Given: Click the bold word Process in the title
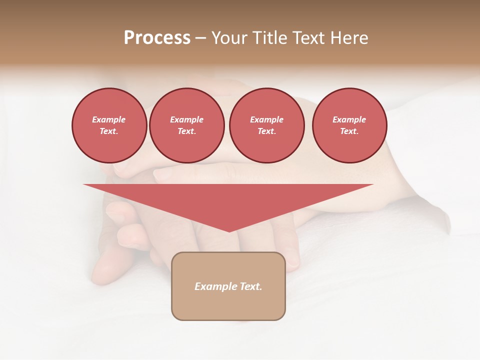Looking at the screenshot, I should tap(157, 38).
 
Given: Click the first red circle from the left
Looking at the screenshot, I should tap(109, 125).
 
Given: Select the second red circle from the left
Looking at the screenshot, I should tap(186, 125).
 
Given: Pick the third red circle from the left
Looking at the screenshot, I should tap(266, 125).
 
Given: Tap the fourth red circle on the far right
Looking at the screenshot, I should tap(349, 125).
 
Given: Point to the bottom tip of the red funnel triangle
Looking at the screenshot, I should tap(229, 231).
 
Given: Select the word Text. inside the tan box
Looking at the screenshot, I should tap(250, 286).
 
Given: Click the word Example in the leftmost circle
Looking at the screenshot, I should tap(109, 119).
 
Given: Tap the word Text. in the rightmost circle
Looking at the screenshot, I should tap(349, 131).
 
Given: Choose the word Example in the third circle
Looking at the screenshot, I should tap(266, 119).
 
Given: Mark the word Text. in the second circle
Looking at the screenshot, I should tap(186, 131).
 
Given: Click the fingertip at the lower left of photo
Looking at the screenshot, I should tap(100, 275).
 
